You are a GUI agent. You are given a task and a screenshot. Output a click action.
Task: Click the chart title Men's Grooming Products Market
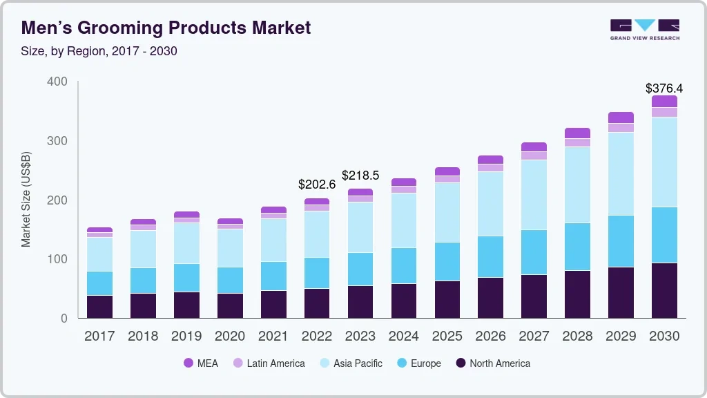[166, 28]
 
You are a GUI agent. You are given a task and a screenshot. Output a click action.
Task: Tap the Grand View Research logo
[644, 30]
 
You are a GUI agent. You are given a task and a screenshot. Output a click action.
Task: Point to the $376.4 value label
[664, 88]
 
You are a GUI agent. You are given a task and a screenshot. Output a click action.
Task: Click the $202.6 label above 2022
[317, 184]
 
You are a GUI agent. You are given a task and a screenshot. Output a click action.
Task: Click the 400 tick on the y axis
[57, 82]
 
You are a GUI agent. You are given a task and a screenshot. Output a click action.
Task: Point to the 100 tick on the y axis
[57, 259]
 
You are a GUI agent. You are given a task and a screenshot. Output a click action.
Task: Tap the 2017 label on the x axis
[100, 337]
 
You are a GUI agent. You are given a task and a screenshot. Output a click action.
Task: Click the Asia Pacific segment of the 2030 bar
[664, 162]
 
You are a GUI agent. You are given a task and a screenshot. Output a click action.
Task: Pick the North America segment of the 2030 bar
[664, 290]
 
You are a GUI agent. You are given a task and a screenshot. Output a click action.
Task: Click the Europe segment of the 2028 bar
[577, 247]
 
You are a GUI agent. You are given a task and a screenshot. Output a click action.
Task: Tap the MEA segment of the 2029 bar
[621, 117]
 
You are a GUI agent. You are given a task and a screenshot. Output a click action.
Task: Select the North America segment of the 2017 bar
[100, 307]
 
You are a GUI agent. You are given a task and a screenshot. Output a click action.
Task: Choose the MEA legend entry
[200, 363]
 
